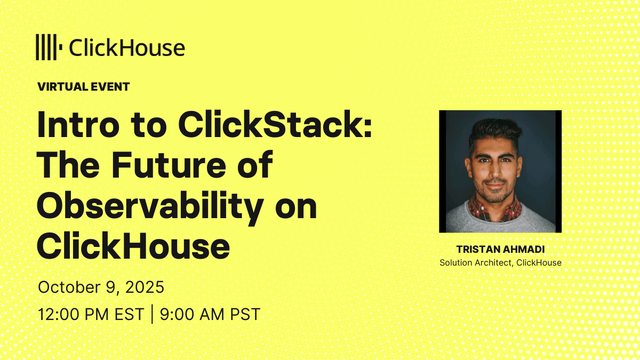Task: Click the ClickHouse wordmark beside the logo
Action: point(127,47)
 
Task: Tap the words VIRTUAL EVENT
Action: point(84,87)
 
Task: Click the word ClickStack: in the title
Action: point(275,125)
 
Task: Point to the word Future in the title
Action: point(169,165)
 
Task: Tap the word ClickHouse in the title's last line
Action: point(133,246)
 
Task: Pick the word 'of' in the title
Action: point(255,164)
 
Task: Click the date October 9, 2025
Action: point(101,287)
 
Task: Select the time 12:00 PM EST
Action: point(91,314)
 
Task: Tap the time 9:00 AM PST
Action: point(210,314)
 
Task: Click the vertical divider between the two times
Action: point(151,314)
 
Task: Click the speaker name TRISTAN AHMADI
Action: point(501,250)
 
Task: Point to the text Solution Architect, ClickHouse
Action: point(501,262)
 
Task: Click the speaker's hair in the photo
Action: point(495,131)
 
